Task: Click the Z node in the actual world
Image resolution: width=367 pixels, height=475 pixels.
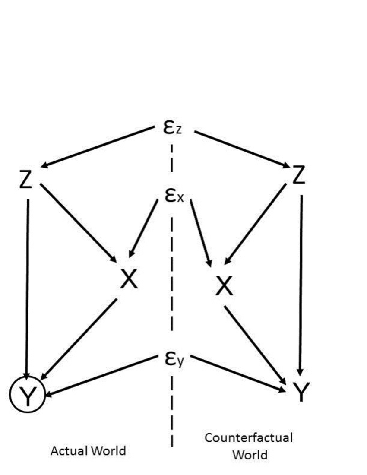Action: (x=26, y=180)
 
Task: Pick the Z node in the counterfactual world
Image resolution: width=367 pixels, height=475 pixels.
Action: (x=298, y=175)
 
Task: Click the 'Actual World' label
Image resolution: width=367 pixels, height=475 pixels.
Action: (x=89, y=451)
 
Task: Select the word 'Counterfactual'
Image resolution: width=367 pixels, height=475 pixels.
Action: (x=248, y=438)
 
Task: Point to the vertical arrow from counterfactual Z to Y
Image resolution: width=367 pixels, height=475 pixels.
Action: (x=301, y=285)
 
